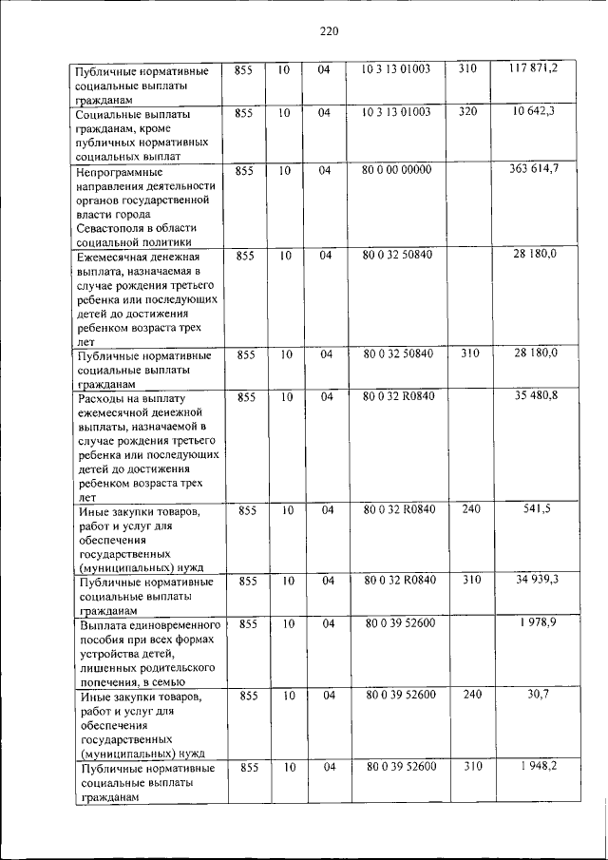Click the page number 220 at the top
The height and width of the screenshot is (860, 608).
click(x=329, y=31)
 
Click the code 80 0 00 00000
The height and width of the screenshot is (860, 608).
click(x=397, y=169)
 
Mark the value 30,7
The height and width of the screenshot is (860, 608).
click(x=539, y=695)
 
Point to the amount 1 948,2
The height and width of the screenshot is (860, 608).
click(x=539, y=765)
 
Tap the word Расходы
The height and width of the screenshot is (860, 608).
click(x=105, y=398)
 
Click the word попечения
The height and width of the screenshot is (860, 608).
click(x=112, y=681)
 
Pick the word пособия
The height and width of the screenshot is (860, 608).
click(x=106, y=640)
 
